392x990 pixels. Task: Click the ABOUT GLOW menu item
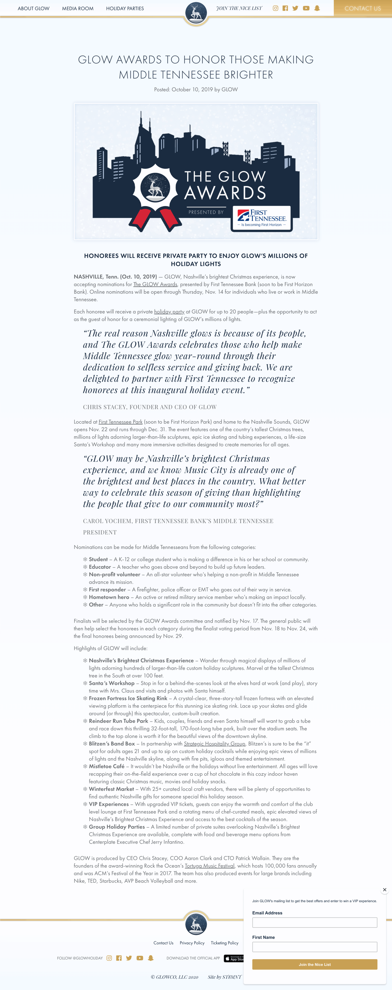point(34,9)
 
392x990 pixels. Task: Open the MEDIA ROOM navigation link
point(78,9)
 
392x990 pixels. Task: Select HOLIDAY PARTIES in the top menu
point(125,9)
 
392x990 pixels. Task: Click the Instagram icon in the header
point(275,8)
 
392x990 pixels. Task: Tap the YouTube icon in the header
point(306,8)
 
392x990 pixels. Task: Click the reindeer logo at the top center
point(196,12)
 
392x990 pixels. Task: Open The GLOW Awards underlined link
point(155,284)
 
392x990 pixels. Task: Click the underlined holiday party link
point(169,312)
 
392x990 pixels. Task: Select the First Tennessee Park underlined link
point(120,422)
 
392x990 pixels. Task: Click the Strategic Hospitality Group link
point(214,744)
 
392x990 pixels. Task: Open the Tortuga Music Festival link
point(210,866)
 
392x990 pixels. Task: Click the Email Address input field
point(314,922)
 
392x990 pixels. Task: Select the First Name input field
point(314,947)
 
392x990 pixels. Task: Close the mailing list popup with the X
point(384,890)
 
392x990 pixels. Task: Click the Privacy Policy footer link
point(192,943)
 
